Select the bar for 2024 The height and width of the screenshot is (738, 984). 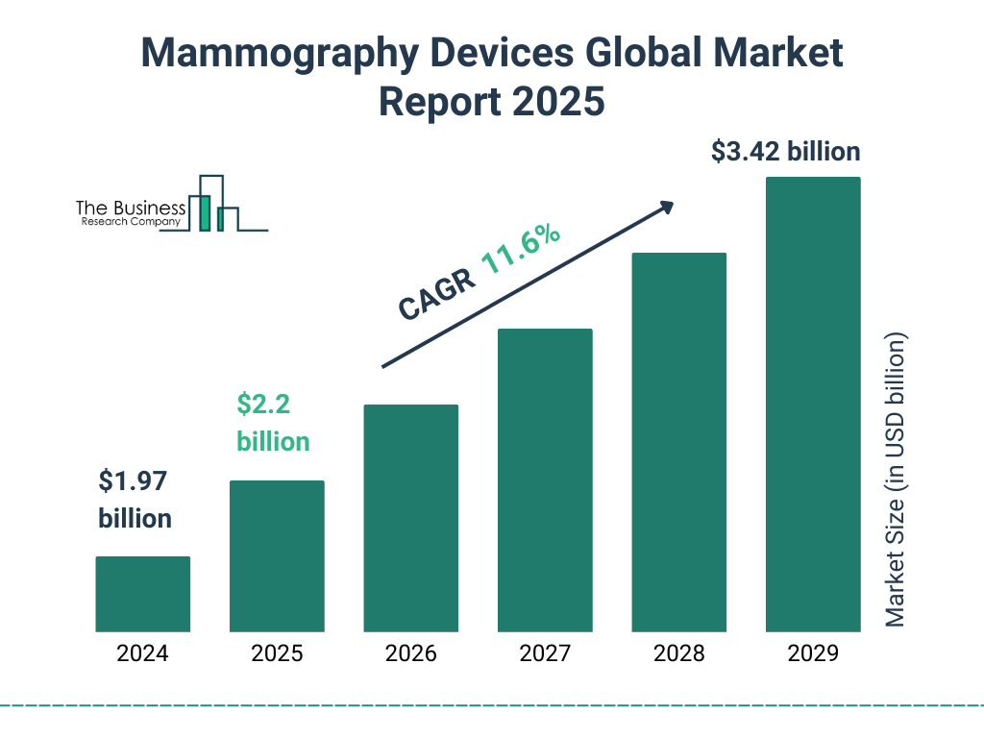coord(142,594)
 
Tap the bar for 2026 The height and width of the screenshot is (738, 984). coord(410,518)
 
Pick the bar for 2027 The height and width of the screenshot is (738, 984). coord(545,480)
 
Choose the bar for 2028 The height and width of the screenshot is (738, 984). coord(678,442)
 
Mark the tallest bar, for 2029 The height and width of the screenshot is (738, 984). coord(813,405)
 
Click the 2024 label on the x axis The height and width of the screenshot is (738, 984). coord(142,654)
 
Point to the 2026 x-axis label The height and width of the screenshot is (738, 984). coord(410,654)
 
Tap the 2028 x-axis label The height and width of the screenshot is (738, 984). coord(678,654)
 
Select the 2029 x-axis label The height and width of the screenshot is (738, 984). coord(813,654)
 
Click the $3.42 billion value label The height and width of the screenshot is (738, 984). coord(785,152)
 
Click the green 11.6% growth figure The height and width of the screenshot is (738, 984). coord(520,250)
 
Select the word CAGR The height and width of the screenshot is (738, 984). coord(436,293)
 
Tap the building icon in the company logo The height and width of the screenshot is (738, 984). coord(213,204)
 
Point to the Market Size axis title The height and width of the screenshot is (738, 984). coord(896,480)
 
